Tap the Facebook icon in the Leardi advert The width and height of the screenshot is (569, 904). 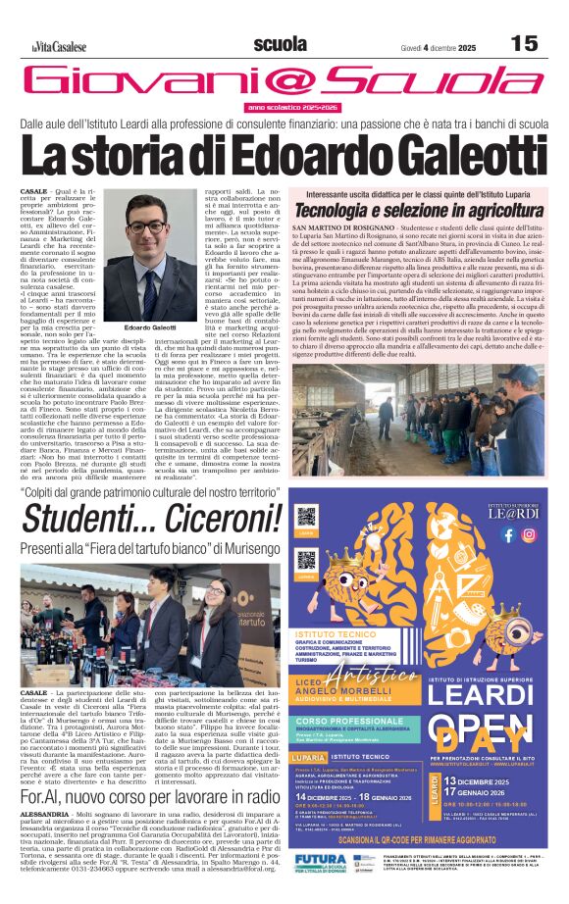tap(507, 534)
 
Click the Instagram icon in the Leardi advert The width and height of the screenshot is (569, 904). tap(528, 534)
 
